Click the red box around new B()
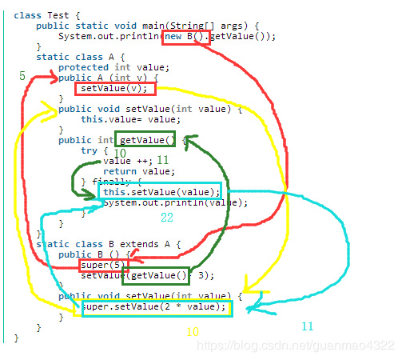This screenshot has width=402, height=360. [185, 36]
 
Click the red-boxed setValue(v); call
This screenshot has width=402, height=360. [109, 89]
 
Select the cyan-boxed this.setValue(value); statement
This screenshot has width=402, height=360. [160, 192]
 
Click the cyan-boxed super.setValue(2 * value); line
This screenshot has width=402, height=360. [156, 307]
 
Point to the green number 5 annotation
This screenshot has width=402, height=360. [22, 76]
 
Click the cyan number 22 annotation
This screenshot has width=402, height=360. [167, 217]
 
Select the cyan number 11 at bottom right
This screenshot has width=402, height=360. [308, 326]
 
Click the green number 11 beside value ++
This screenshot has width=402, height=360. [162, 160]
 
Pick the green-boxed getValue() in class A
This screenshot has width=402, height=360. [144, 140]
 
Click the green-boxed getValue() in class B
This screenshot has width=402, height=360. [156, 276]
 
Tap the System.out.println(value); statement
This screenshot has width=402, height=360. [175, 203]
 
